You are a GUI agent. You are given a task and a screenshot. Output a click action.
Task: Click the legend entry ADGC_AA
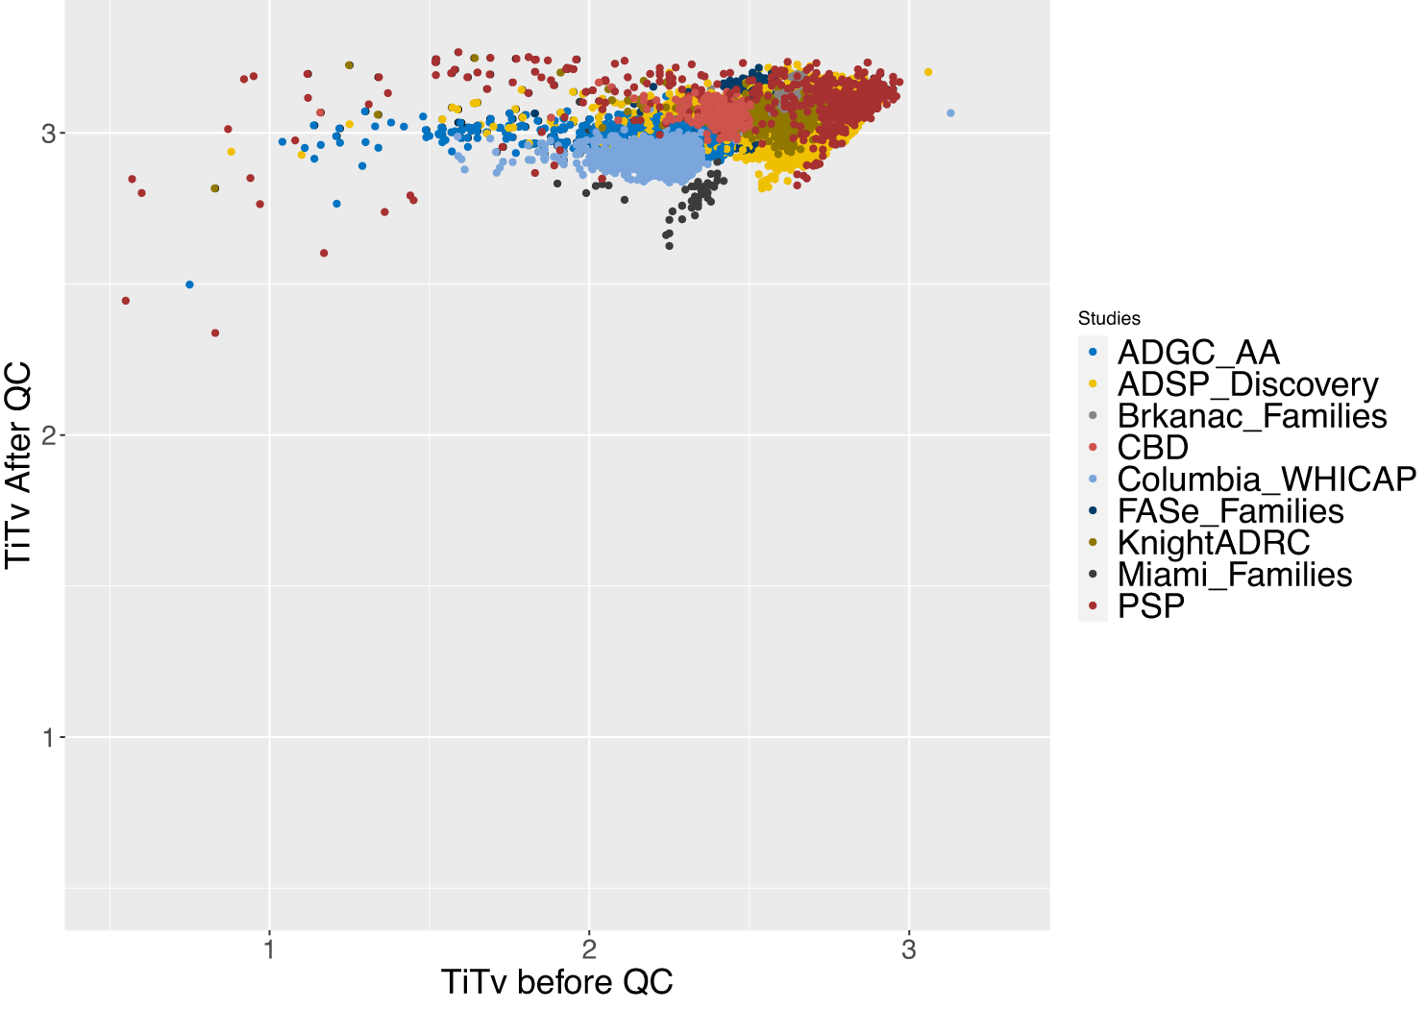click(1197, 353)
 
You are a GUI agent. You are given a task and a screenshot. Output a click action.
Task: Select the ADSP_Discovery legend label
click(1247, 384)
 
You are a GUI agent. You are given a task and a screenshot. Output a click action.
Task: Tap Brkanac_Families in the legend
click(1251, 416)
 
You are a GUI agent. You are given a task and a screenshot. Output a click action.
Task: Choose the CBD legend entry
click(1152, 448)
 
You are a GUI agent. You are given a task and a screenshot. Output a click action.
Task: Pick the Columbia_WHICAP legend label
click(1266, 480)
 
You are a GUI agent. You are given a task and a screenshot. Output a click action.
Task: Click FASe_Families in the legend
click(1230, 511)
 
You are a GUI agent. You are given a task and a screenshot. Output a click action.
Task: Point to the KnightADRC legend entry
click(1213, 543)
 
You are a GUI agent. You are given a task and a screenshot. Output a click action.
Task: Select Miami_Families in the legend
click(1234, 575)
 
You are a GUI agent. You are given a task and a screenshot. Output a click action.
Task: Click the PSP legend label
click(1150, 606)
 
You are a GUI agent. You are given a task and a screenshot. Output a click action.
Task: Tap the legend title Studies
click(1109, 319)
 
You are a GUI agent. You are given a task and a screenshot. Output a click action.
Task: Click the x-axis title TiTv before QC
click(556, 982)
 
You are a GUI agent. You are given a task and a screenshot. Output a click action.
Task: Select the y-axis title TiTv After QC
click(19, 465)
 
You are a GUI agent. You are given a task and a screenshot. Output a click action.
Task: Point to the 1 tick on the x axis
click(269, 950)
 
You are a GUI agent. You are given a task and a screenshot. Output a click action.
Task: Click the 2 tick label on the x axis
click(589, 950)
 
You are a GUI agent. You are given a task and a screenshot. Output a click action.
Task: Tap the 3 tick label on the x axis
click(909, 950)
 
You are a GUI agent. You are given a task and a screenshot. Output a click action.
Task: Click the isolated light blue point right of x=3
click(950, 113)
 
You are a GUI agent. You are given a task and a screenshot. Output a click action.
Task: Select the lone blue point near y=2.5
click(189, 284)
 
